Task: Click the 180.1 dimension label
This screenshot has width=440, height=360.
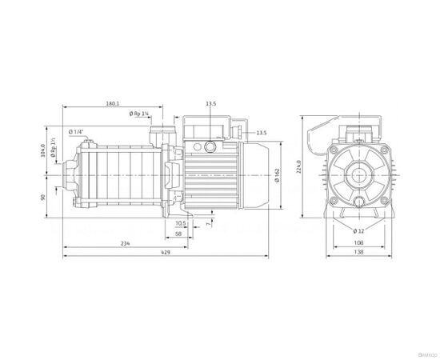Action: pyautogui.click(x=111, y=104)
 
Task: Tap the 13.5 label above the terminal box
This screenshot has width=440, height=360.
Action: pyautogui.click(x=210, y=104)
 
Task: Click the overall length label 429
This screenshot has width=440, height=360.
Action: pyautogui.click(x=165, y=253)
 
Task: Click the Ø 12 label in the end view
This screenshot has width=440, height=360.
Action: pyautogui.click(x=358, y=231)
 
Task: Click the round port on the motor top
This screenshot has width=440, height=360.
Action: pyautogui.click(x=210, y=146)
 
